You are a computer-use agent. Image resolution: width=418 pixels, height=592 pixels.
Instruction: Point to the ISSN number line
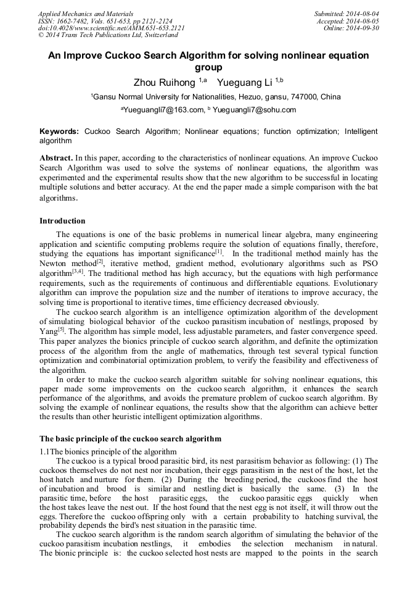[105, 20]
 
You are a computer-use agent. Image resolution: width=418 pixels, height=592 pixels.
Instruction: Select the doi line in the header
[111, 28]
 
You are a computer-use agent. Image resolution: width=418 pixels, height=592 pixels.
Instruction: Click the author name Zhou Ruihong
[165, 82]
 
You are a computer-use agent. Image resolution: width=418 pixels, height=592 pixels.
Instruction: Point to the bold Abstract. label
[56, 157]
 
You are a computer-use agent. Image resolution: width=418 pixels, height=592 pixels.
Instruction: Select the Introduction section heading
[62, 221]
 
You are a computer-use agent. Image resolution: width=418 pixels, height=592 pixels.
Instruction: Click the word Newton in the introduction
[54, 262]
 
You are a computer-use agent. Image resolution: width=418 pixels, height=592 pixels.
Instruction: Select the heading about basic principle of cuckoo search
[130, 439]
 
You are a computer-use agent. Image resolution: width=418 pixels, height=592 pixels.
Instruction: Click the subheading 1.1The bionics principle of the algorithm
[108, 451]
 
